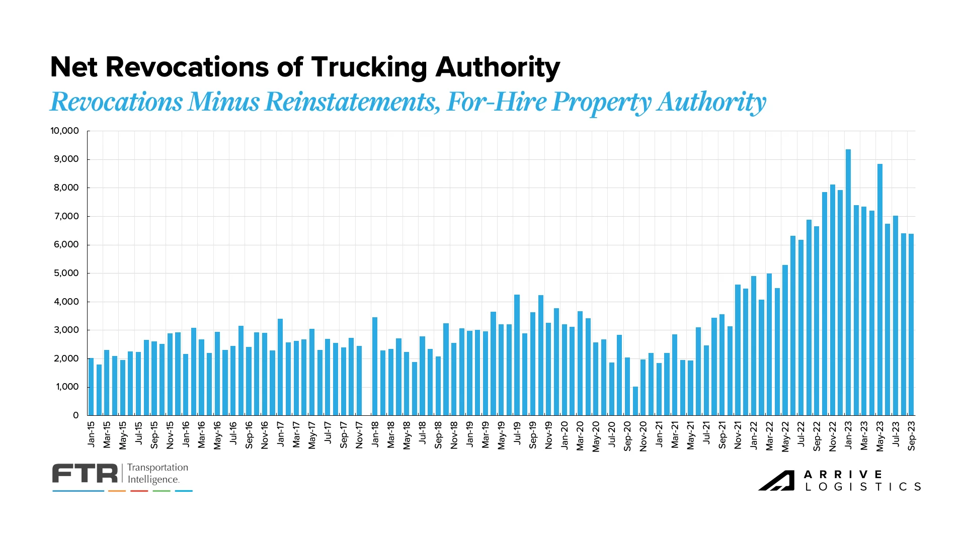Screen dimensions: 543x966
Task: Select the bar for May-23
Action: coord(880,290)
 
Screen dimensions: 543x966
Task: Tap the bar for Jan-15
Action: coord(91,387)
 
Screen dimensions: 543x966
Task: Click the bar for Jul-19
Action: coord(517,355)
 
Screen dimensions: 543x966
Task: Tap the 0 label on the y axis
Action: coord(76,415)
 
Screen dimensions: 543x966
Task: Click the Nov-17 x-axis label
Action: coord(359,435)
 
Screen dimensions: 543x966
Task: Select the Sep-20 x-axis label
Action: coord(627,436)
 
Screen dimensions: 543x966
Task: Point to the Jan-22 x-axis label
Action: coord(754,435)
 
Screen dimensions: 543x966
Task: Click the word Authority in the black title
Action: coord(497,68)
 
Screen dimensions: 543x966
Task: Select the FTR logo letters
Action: coord(85,474)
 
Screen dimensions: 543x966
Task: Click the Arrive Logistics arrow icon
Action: coord(776,481)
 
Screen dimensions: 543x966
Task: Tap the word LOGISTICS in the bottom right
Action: coord(863,487)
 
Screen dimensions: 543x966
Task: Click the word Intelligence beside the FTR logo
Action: coord(153,479)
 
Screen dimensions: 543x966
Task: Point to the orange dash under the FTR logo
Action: coord(117,491)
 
